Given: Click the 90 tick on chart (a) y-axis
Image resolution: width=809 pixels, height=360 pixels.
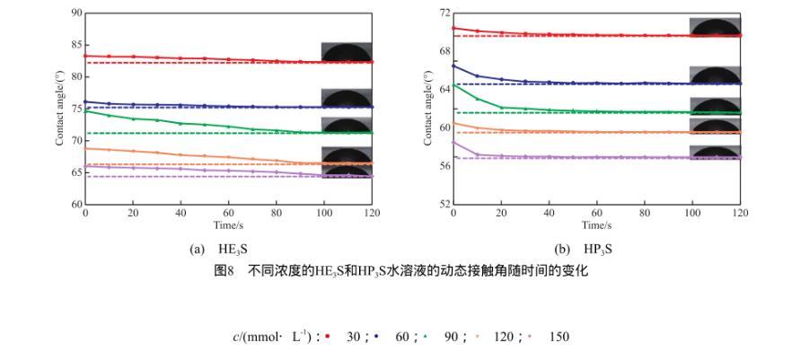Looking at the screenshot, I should pyautogui.click(x=77, y=13).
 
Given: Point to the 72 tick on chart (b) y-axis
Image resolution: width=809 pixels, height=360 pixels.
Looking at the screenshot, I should pyautogui.click(x=445, y=13).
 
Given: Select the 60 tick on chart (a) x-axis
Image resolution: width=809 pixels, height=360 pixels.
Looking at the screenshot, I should pyautogui.click(x=229, y=214).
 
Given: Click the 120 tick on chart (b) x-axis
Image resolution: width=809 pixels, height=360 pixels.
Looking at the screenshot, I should pyautogui.click(x=740, y=214).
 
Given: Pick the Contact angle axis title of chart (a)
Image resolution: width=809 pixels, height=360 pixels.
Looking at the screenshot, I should pyautogui.click(x=60, y=109).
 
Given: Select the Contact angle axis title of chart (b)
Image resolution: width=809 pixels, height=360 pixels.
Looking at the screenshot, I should pyautogui.click(x=428, y=109).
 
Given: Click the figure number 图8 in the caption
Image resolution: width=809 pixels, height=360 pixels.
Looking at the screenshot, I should pyautogui.click(x=225, y=270).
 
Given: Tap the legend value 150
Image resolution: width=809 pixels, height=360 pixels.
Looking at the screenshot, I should pyautogui.click(x=558, y=338).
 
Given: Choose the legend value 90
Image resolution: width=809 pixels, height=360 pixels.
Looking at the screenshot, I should pyautogui.click(x=452, y=338).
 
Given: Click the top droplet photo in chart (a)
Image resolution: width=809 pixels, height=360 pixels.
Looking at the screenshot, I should pyautogui.click(x=347, y=51).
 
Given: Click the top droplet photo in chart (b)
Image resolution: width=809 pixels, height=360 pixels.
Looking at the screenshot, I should pyautogui.click(x=715, y=26).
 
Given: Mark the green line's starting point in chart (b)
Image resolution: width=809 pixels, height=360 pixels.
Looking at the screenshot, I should pyautogui.click(x=453, y=84).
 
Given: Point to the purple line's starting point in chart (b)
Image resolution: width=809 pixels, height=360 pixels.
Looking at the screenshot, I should pyautogui.click(x=453, y=141).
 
